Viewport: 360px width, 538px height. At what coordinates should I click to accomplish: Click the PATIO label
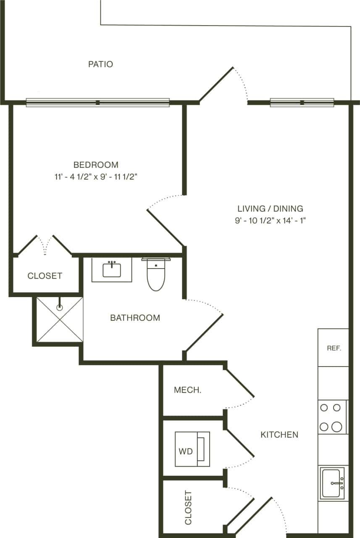click(x=100, y=64)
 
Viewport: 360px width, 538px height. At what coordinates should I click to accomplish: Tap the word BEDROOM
click(x=96, y=165)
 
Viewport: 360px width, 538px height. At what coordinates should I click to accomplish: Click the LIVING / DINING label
click(x=270, y=208)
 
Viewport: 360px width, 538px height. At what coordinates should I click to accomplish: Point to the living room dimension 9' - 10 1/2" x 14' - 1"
click(x=270, y=221)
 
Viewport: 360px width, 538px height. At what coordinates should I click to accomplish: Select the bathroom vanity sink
click(x=112, y=270)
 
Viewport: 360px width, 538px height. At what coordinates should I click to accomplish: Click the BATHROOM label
click(x=135, y=318)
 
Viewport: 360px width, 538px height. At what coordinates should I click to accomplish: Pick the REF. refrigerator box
click(x=333, y=348)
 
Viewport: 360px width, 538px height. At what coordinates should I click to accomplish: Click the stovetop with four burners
click(x=332, y=417)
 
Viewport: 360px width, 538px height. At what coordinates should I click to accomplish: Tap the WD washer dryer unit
click(x=192, y=449)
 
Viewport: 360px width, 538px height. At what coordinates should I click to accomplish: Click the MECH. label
click(x=187, y=390)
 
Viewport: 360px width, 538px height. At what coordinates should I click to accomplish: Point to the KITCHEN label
click(x=279, y=435)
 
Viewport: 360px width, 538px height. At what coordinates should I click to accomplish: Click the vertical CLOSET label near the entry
click(x=188, y=507)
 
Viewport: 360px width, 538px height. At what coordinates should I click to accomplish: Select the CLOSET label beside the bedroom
click(x=45, y=276)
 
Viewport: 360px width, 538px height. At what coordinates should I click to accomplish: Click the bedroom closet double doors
click(x=45, y=245)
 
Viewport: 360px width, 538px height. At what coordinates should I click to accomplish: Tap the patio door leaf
click(x=216, y=84)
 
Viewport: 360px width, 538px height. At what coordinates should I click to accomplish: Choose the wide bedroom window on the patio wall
click(x=97, y=103)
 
